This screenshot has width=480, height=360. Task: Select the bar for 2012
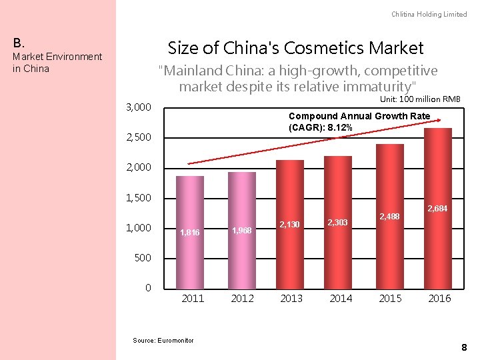[242, 229]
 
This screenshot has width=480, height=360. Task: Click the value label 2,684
[437, 209]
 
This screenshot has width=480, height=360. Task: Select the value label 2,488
[389, 216]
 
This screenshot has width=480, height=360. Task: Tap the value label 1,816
[190, 233]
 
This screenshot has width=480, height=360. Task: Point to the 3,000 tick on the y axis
[139, 107]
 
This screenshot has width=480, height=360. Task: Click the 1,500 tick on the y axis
[139, 198]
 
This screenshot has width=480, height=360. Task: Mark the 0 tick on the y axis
[148, 287]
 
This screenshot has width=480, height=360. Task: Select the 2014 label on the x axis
[341, 298]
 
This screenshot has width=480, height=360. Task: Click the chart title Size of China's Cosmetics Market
[295, 48]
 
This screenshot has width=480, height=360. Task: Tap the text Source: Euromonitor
[163, 341]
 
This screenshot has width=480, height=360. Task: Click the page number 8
[463, 347]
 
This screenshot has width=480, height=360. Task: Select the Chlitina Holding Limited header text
[429, 14]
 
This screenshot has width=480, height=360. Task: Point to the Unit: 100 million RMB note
[420, 99]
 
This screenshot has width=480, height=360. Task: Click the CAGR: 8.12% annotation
[359, 121]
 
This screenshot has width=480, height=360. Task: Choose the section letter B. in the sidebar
[19, 43]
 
